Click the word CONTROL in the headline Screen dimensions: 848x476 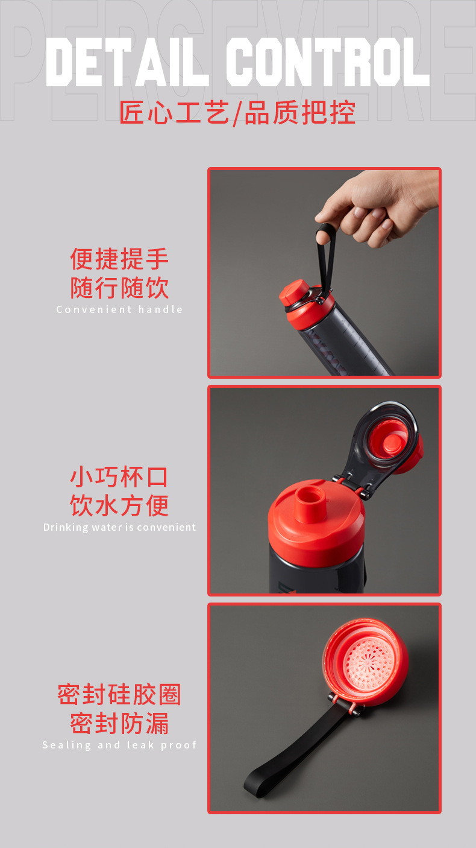click(x=327, y=62)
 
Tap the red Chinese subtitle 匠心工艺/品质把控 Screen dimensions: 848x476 click(x=237, y=113)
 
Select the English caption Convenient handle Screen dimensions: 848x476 click(x=119, y=309)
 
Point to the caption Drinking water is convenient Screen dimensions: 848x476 click(x=119, y=527)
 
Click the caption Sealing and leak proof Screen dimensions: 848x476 click(x=119, y=745)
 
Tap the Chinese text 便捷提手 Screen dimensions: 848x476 click(x=119, y=259)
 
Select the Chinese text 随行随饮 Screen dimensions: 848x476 click(x=119, y=288)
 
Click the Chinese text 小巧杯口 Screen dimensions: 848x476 click(x=119, y=477)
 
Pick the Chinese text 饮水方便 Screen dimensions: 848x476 click(x=119, y=505)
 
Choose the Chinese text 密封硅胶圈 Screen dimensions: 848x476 click(x=119, y=695)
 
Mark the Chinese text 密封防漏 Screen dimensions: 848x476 click(x=119, y=723)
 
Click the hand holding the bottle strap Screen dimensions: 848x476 click(x=380, y=205)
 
